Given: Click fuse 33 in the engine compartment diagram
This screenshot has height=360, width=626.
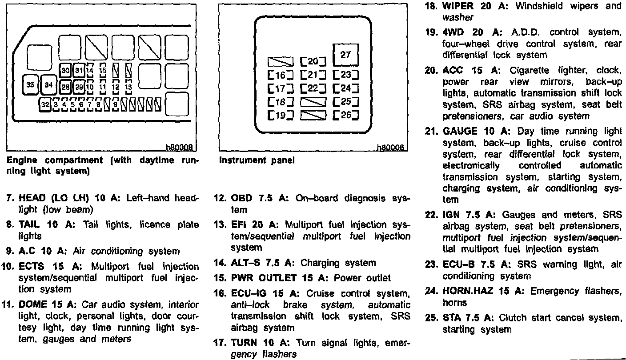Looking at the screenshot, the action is click(32, 84).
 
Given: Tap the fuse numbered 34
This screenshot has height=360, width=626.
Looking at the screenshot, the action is click(48, 84).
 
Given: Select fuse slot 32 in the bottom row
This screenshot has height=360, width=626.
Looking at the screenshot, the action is click(45, 105).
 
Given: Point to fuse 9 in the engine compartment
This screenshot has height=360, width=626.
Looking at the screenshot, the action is click(115, 105).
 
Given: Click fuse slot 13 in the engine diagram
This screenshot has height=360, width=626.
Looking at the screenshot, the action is click(128, 87).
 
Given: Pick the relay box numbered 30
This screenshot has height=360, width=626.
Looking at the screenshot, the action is click(65, 70).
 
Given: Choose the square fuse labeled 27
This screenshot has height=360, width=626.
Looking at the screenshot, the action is click(345, 55).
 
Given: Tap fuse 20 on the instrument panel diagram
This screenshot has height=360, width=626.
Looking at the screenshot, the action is click(313, 61).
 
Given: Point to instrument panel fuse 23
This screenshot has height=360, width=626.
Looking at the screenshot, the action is click(345, 75).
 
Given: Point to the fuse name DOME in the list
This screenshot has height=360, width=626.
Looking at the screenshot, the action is click(32, 305).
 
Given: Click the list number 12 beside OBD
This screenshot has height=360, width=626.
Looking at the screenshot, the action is click(221, 198).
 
